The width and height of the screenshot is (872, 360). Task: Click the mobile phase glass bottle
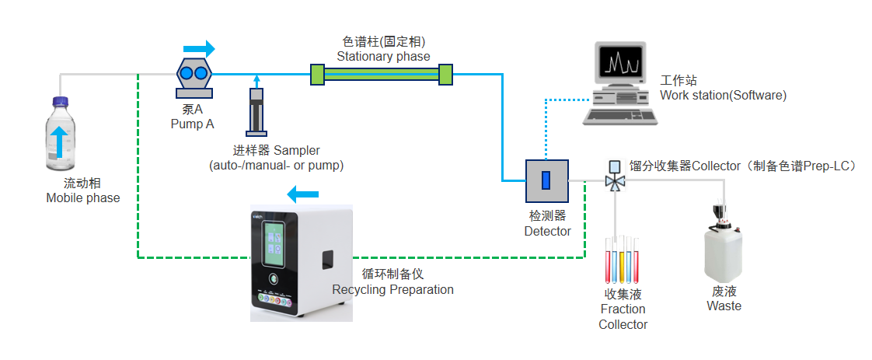(61, 140)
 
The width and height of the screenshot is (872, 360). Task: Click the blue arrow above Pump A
(200, 49)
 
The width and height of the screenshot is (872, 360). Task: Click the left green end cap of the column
(317, 74)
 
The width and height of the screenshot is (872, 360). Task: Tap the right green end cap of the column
(445, 74)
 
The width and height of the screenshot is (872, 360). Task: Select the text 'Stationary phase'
(383, 56)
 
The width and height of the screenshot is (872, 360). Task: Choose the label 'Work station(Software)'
(723, 95)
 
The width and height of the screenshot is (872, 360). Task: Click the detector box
(546, 181)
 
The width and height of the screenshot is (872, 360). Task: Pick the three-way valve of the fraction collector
(615, 182)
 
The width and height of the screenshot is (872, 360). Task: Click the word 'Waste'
(724, 306)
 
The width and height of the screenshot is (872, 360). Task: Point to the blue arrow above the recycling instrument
(302, 194)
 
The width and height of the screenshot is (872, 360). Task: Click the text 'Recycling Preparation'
(392, 289)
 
